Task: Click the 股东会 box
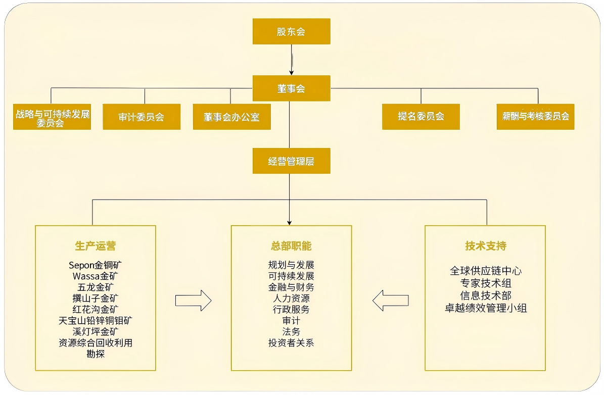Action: [291, 31]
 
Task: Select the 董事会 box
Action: [291, 88]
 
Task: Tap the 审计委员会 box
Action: [142, 117]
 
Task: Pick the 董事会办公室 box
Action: [231, 117]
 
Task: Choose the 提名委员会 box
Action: [421, 116]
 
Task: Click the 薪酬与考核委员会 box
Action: [535, 116]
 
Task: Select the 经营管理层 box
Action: [291, 161]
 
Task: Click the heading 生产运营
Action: [96, 246]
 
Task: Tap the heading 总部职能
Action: [291, 246]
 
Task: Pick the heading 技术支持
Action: [485, 246]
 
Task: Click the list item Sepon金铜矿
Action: [96, 265]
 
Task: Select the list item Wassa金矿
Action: [96, 276]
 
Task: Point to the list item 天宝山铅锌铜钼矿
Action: [96, 320]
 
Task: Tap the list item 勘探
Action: [96, 354]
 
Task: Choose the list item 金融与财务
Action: [291, 287]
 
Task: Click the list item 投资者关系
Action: [291, 343]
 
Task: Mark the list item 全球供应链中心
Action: [485, 271]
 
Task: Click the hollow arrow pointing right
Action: [193, 301]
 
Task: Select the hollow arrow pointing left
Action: [390, 301]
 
